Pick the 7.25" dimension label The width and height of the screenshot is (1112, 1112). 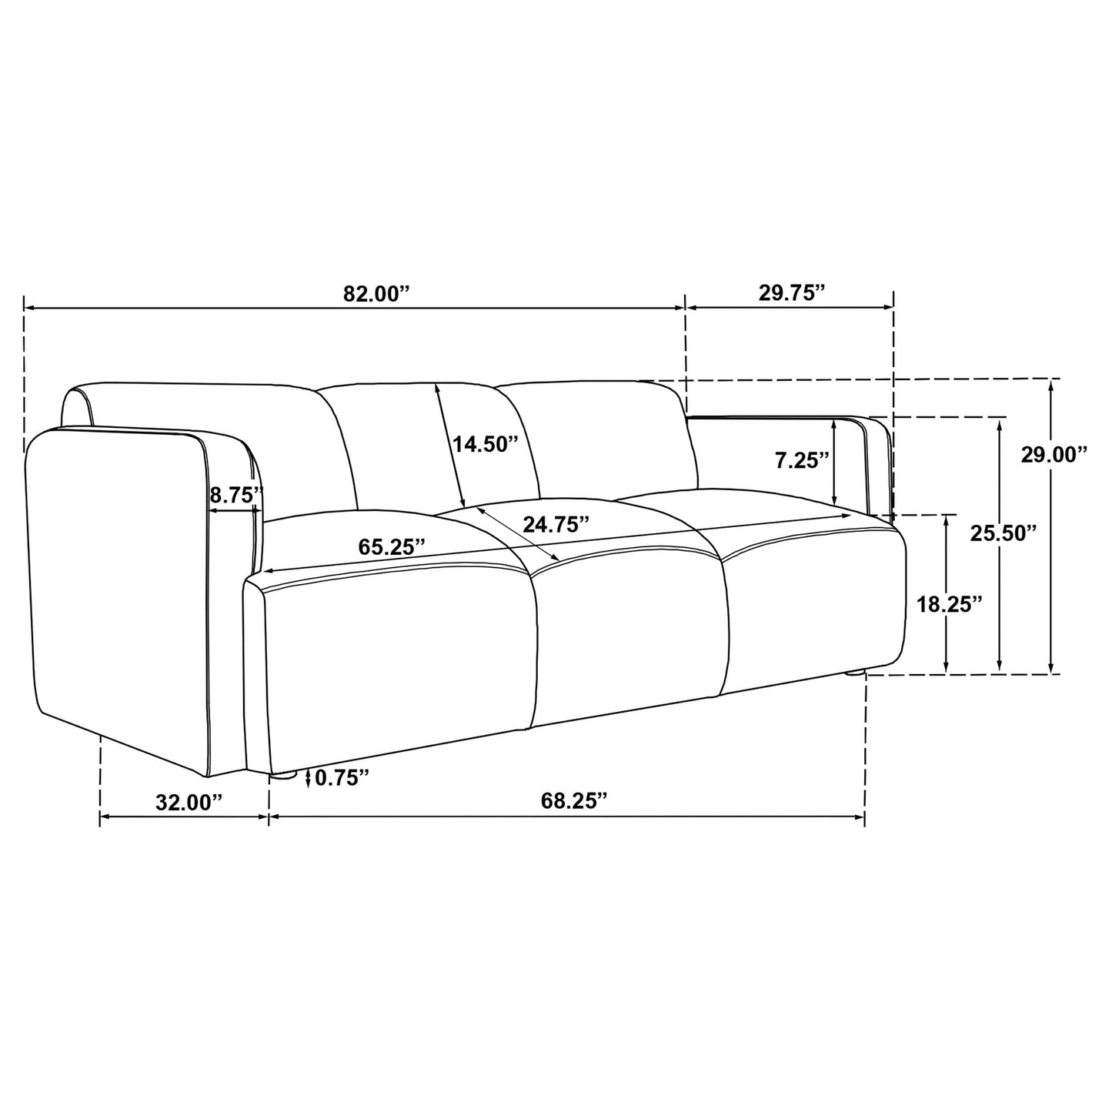pos(801,460)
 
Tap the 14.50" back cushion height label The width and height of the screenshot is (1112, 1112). pos(485,444)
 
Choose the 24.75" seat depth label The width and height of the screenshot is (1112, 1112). pos(556,524)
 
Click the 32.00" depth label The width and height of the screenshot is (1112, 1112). pos(189,803)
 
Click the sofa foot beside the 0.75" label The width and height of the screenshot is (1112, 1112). pos(284,776)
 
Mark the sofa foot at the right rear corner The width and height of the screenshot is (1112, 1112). pos(855,673)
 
